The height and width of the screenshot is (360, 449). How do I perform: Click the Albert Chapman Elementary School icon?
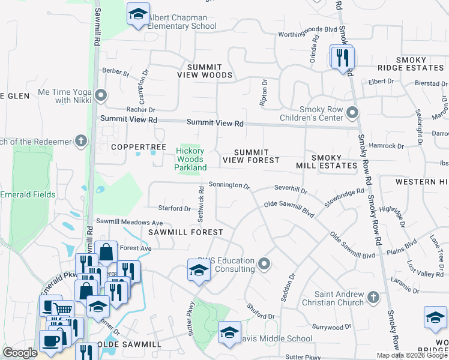click(x=138, y=14)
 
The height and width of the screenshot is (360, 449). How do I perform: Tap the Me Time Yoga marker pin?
click(x=101, y=95)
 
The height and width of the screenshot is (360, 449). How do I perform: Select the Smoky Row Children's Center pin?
click(x=352, y=112)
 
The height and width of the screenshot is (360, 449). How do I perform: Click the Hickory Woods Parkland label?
click(x=190, y=159)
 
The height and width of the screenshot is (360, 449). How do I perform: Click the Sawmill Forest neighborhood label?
click(x=186, y=232)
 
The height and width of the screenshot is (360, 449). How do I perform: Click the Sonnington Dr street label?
click(x=229, y=186)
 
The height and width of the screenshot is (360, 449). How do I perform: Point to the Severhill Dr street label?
click(x=291, y=189)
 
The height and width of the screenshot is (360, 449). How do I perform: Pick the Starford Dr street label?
click(x=174, y=209)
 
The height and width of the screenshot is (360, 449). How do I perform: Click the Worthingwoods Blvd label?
click(x=307, y=29)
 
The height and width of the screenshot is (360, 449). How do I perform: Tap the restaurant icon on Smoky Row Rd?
click(x=343, y=58)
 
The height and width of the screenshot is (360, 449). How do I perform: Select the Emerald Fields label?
click(x=28, y=194)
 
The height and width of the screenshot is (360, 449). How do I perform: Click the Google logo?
click(x=20, y=353)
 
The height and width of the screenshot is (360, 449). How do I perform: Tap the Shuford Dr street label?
click(x=261, y=311)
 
